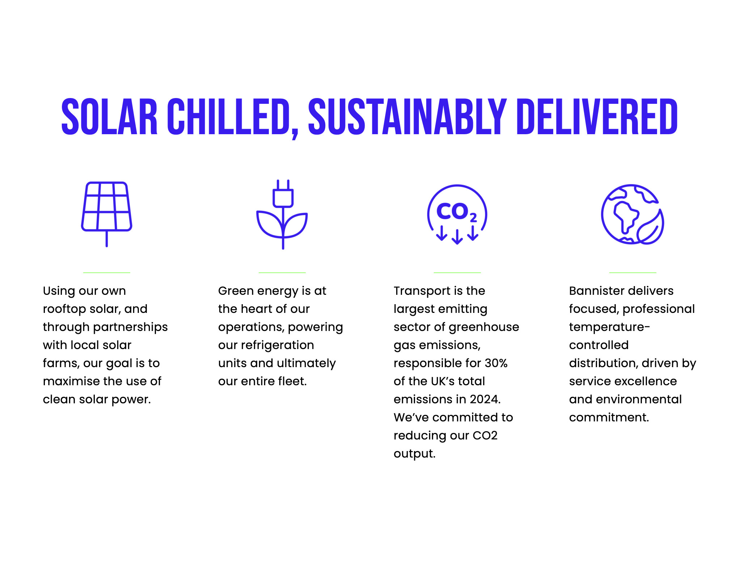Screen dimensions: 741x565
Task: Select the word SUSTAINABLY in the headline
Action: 407,117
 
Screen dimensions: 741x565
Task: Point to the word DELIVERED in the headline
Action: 597,117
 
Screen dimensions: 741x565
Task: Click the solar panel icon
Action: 107,214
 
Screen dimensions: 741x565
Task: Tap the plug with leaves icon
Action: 283,214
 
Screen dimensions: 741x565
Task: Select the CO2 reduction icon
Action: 457,214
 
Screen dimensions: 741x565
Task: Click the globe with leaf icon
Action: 632,214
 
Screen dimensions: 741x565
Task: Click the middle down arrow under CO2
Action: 457,237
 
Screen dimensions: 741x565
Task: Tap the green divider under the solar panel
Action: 107,272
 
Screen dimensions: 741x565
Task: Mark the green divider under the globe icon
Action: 632,272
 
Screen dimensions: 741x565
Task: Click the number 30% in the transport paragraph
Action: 496,363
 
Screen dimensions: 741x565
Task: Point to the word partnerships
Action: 131,327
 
